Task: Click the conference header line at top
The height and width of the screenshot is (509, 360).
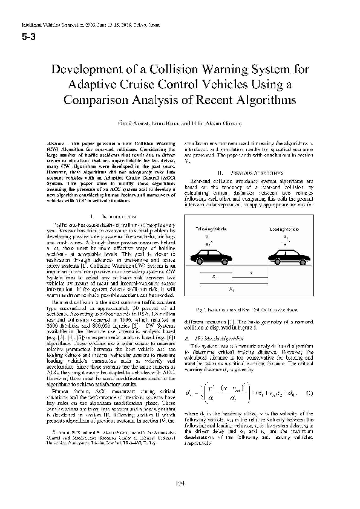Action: click(x=89, y=27)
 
